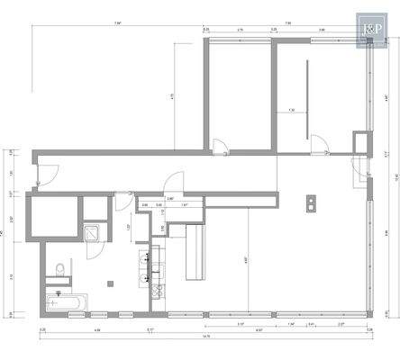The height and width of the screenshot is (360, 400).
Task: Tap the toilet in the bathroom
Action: pos(59,268)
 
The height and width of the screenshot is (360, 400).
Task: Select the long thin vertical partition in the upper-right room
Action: pos(307,98)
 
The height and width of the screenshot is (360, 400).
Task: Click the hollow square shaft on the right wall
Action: pos(361,142)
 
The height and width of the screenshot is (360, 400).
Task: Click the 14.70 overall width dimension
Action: pos(206,336)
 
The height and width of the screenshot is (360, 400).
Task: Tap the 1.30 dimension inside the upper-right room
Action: pos(292,110)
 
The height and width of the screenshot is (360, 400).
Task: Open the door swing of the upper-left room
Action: pos(219,141)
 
